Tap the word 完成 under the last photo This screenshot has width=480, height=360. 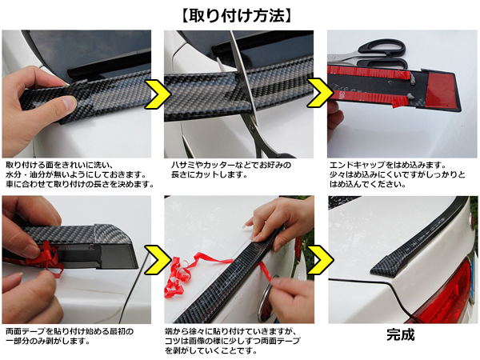pos(401,334)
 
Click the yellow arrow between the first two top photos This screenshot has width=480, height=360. pos(158,94)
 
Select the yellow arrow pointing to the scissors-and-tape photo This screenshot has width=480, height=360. pos(320,93)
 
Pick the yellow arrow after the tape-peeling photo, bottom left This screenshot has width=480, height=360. pos(158,259)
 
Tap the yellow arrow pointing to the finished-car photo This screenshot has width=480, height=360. pos(321,259)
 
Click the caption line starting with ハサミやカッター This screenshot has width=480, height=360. pos(231,166)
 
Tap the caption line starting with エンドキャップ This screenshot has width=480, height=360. pos(388,166)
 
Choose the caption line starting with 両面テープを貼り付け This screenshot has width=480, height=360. pos(70,331)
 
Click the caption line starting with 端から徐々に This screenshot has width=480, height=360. pos(231,331)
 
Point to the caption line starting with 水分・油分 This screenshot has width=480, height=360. pos(76,174)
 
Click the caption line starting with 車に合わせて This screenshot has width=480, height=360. pos(79,184)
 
